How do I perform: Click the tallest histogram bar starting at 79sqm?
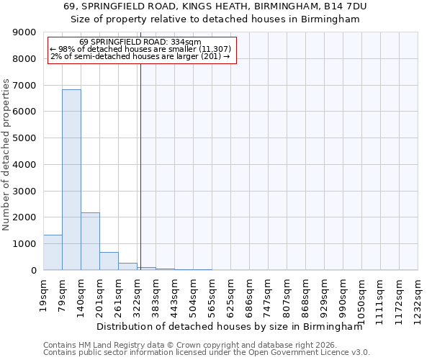(x=71, y=180)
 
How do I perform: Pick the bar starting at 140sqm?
(x=90, y=241)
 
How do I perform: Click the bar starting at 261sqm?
(x=127, y=266)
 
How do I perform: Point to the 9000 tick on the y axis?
(x=25, y=32)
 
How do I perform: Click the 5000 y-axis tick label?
(x=25, y=138)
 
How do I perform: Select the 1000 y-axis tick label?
(x=25, y=244)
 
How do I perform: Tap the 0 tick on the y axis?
(x=33, y=271)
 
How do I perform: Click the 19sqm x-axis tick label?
(x=44, y=293)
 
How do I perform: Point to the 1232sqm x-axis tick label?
(x=418, y=297)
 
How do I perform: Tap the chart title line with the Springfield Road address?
(x=215, y=6)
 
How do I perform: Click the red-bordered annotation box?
(x=142, y=50)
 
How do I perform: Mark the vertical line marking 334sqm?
(x=140, y=166)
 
